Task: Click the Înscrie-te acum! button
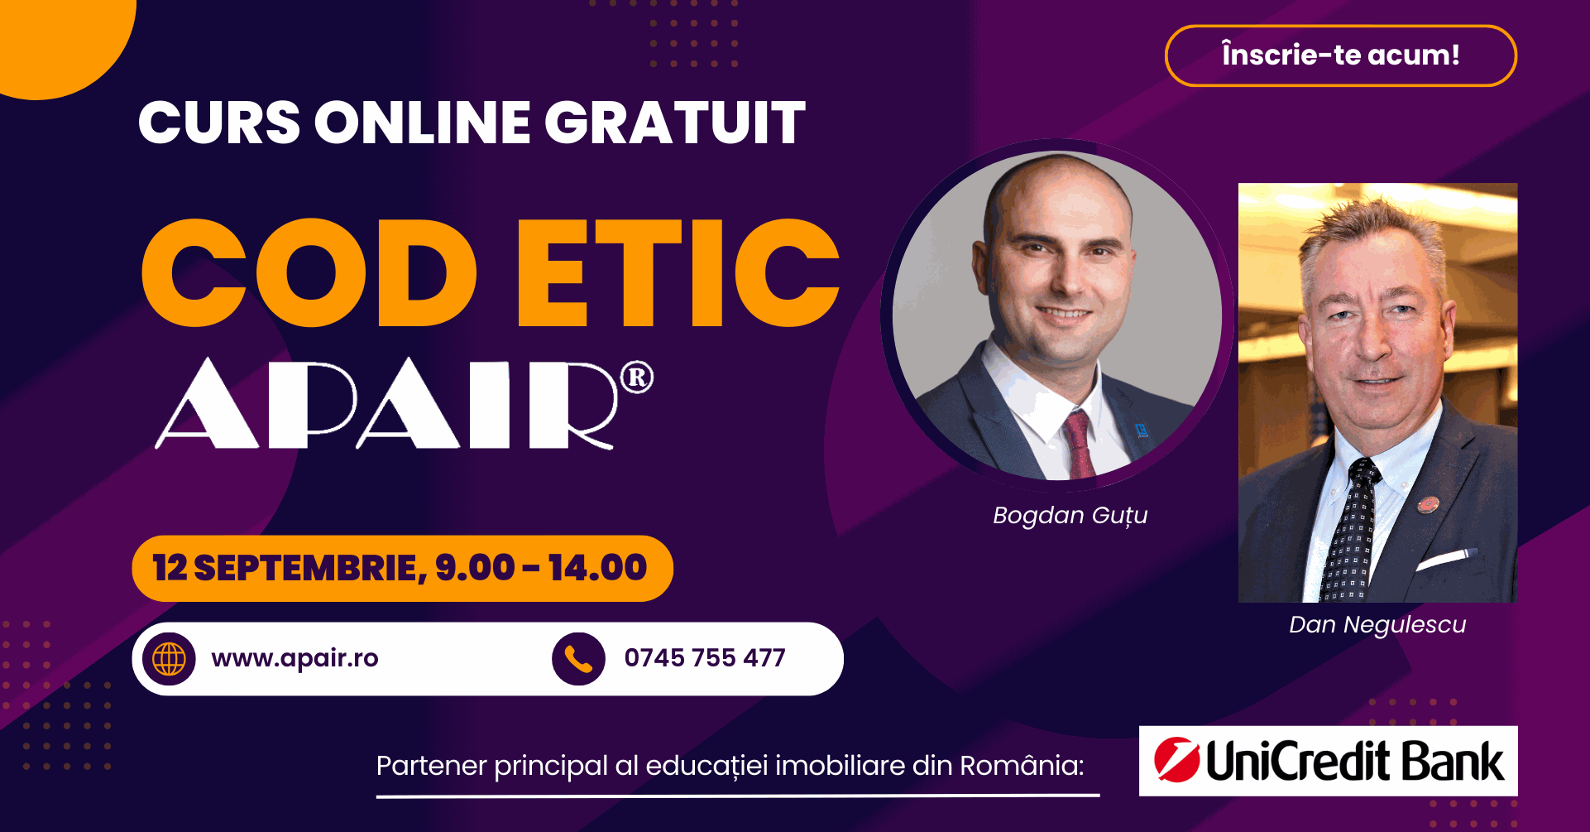point(1340,55)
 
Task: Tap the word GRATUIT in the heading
point(674,123)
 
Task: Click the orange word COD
point(309,272)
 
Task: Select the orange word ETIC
point(678,272)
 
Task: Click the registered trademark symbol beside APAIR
point(637,378)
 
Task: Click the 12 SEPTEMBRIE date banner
point(402,569)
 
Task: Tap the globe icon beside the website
point(169,659)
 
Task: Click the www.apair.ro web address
point(295,659)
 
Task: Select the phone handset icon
point(578,659)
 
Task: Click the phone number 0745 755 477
point(705,658)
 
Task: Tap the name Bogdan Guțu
point(1070,516)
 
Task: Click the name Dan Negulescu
point(1377,624)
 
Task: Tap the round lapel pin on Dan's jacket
point(1428,503)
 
